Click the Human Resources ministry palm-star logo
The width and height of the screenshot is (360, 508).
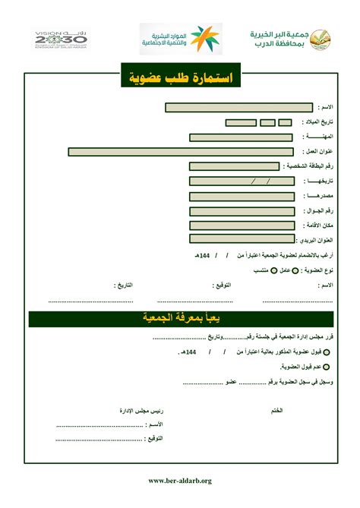coord(205,38)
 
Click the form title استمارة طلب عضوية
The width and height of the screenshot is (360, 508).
coord(180,78)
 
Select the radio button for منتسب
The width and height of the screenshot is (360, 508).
coord(252,270)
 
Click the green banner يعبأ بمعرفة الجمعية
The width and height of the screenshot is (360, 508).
coord(180,317)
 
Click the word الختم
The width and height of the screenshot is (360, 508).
coord(277,410)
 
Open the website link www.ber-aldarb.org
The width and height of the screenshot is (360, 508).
coord(180,480)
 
